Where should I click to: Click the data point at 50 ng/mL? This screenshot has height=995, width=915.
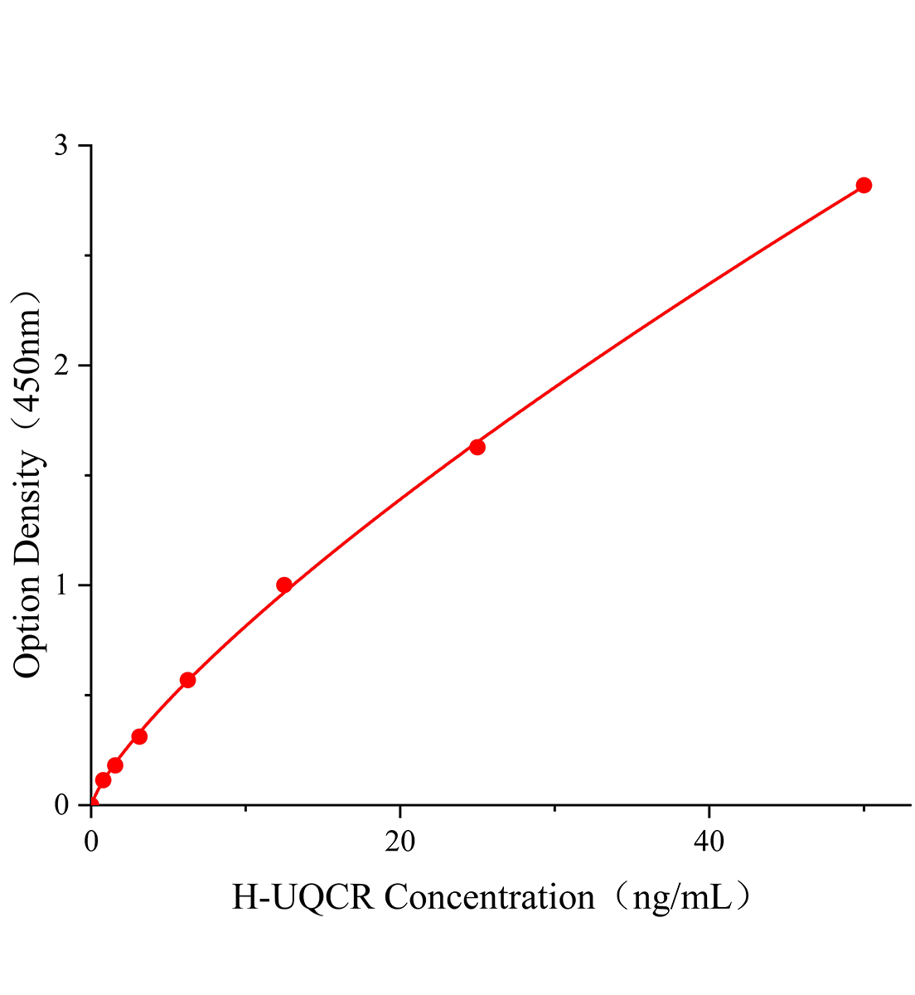click(x=864, y=185)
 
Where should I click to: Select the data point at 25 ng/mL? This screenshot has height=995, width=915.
click(x=477, y=447)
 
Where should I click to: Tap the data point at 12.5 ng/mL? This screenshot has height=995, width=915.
click(x=284, y=585)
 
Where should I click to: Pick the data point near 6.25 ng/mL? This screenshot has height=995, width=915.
click(x=188, y=680)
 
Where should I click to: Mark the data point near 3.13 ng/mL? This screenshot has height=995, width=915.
click(x=139, y=736)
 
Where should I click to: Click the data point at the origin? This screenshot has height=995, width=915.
click(x=92, y=803)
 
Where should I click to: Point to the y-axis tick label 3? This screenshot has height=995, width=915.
click(x=61, y=146)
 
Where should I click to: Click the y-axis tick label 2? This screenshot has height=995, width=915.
click(x=61, y=366)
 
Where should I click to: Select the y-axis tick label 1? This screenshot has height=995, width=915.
click(x=61, y=585)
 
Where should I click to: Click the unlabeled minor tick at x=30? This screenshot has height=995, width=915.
click(x=554, y=808)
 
